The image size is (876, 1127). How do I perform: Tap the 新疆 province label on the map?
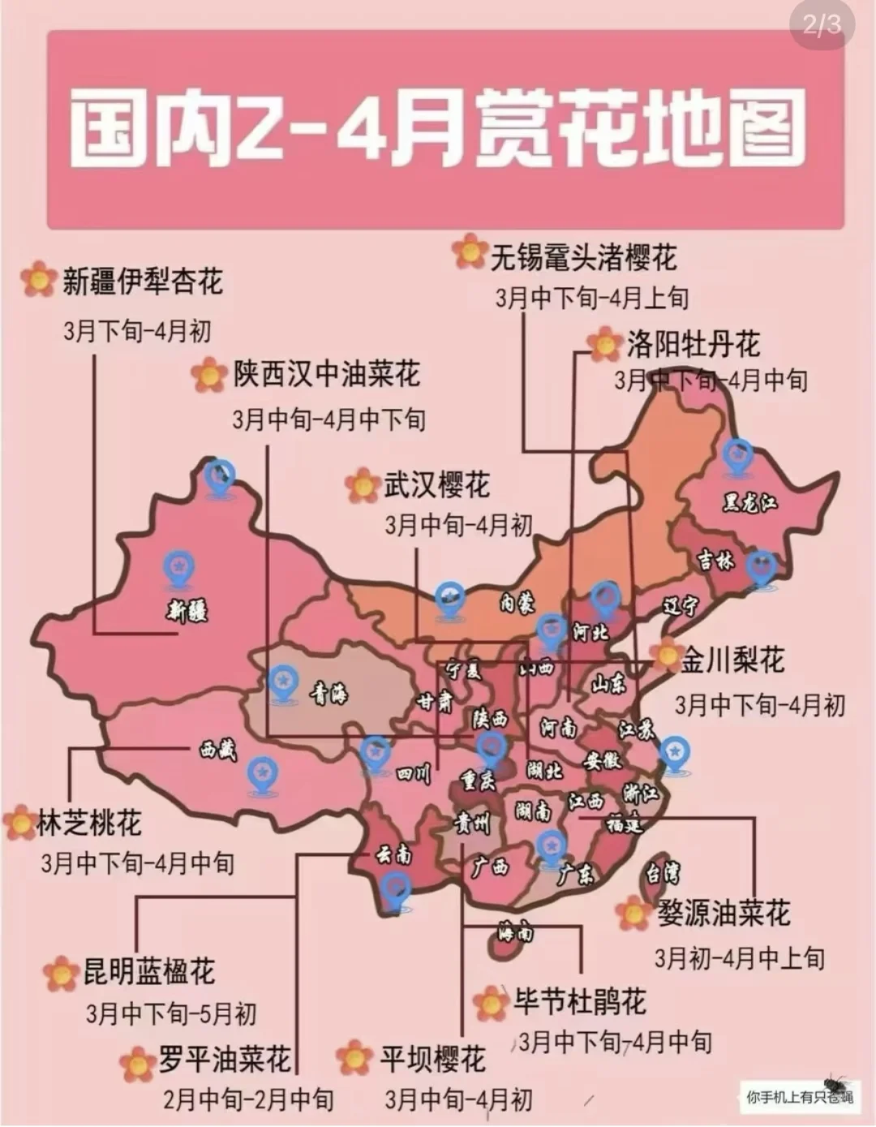click(188, 609)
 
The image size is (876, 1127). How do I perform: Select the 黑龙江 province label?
click(749, 503)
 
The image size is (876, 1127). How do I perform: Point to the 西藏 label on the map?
click(218, 750)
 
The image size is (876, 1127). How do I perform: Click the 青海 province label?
click(329, 693)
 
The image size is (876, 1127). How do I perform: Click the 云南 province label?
click(393, 854)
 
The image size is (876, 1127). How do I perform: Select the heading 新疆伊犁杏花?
click(142, 282)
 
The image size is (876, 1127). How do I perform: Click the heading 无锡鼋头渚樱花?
click(583, 258)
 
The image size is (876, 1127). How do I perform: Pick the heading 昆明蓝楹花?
click(149, 971)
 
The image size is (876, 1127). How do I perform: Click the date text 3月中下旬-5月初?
click(171, 1013)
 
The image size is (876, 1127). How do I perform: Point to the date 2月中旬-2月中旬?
click(248, 1099)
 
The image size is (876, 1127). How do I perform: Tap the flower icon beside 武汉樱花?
click(362, 485)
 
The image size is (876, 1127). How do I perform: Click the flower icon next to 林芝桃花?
click(19, 823)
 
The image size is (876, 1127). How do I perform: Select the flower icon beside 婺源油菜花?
click(633, 914)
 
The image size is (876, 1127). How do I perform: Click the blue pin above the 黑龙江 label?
click(738, 457)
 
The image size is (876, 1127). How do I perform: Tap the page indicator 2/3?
click(822, 25)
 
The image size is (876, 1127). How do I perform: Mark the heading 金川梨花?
click(732, 660)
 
